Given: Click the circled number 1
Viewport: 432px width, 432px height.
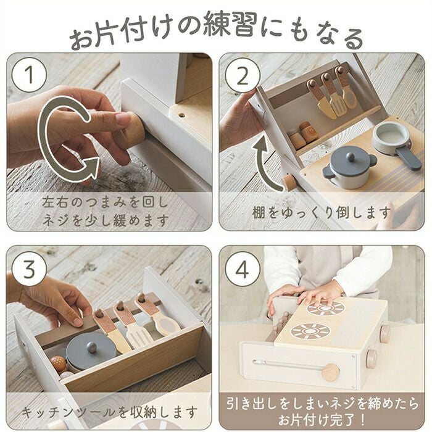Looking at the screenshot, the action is point(30,75).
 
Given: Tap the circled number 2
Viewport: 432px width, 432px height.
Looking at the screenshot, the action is point(243,75).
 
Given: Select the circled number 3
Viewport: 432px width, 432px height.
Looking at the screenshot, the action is point(30,269).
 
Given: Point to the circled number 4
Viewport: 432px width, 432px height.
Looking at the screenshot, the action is point(243,269).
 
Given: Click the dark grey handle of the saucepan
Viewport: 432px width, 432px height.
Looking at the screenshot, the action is point(408,158).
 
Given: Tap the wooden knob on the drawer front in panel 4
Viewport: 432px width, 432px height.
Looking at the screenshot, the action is point(331,373).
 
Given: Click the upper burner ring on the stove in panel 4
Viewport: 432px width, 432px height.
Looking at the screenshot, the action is point(326,308).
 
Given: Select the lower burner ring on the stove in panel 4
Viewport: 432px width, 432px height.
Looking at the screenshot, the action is point(310,331).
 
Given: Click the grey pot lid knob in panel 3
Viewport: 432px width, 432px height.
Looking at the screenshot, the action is point(91,347).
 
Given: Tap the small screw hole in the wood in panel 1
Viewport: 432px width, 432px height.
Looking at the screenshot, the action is point(181,115).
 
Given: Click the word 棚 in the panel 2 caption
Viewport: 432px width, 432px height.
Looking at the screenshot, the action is point(259,212).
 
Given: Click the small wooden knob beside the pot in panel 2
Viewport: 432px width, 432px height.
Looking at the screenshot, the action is point(288,182).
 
